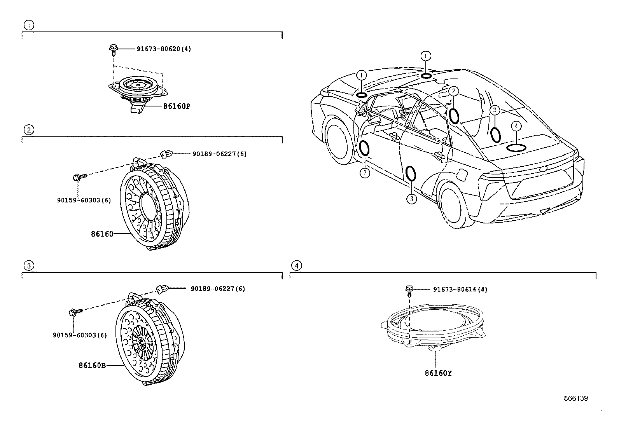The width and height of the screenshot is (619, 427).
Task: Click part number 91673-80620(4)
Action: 164,49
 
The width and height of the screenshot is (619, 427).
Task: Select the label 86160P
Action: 177,106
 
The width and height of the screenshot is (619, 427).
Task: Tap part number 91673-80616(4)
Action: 460,289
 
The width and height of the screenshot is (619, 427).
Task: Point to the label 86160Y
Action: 438,373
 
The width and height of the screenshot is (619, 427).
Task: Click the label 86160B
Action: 92,365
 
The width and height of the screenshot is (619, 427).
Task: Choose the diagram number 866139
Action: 576,398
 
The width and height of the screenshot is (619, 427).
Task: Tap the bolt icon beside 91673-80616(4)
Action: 409,291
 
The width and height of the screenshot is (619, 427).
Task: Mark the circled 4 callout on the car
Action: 516,127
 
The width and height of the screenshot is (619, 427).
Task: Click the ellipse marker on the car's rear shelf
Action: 516,148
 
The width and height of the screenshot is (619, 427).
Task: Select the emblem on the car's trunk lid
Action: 544,169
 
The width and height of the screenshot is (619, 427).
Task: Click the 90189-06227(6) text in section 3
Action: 218,289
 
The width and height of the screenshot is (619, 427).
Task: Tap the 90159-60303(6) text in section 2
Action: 84,200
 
